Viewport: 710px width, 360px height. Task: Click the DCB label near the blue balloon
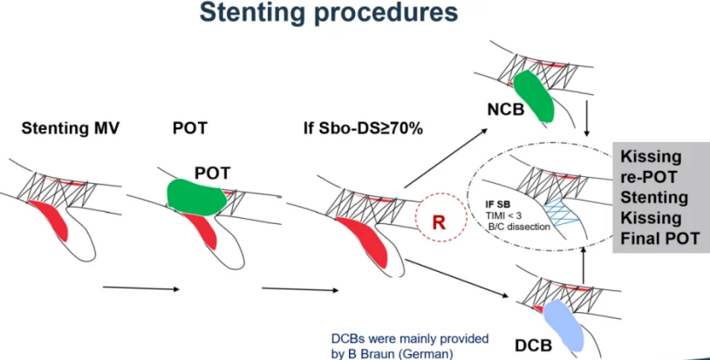click(533, 344)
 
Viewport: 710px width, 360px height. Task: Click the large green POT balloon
click(197, 197)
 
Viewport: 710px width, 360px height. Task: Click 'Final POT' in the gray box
click(659, 236)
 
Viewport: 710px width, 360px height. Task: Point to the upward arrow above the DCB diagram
click(582, 265)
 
